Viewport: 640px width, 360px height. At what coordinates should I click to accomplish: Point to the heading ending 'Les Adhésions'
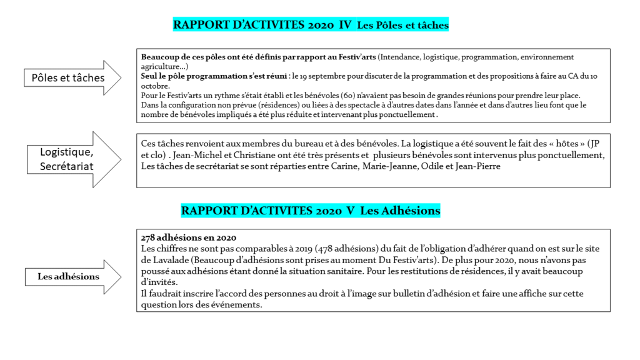click(x=400, y=211)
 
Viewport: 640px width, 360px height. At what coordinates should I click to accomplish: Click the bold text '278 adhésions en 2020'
click(x=189, y=238)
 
